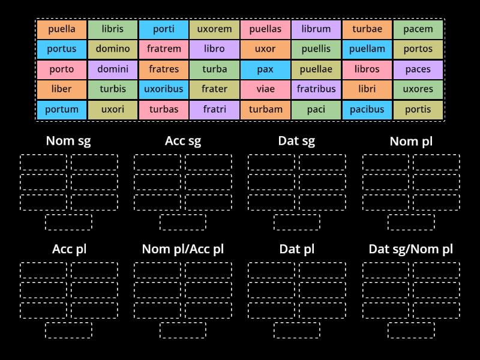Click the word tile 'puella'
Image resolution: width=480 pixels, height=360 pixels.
(x=61, y=29)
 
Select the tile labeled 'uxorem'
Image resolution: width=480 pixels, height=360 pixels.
(x=214, y=29)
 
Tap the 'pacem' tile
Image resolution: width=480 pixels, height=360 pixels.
(x=418, y=29)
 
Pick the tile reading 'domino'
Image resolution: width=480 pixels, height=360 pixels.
(x=113, y=49)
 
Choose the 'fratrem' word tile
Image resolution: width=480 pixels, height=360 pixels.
(x=164, y=49)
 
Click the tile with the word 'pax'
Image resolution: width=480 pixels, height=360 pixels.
(x=265, y=69)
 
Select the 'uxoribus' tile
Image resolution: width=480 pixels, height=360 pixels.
(x=164, y=89)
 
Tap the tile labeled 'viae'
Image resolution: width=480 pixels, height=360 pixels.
(x=265, y=89)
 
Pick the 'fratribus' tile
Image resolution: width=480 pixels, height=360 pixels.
(x=316, y=89)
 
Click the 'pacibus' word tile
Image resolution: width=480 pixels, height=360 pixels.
(x=367, y=109)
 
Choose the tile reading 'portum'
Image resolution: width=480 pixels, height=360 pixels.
(x=61, y=109)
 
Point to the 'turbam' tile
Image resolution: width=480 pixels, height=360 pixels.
(x=265, y=109)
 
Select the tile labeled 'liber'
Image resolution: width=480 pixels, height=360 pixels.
(x=61, y=89)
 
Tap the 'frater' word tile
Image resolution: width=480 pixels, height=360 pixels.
(x=214, y=89)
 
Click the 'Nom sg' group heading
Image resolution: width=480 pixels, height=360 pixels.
(x=68, y=142)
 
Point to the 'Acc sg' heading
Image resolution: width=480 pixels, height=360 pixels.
(x=183, y=142)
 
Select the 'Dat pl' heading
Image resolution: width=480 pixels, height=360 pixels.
(x=296, y=249)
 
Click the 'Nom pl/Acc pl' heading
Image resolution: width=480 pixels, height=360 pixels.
(x=183, y=249)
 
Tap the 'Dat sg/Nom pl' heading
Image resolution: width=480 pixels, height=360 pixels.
(x=411, y=249)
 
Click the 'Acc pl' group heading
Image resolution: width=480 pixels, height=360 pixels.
(x=69, y=249)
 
